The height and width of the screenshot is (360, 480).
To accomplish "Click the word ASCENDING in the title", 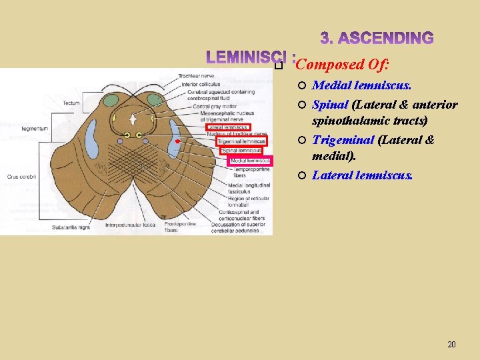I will tap(377, 38).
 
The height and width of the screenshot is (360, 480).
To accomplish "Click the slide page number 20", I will tap(451, 345).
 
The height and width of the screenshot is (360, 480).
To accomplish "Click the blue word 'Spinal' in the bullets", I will tap(330, 105).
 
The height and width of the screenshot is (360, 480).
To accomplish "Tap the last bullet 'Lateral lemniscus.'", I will tap(363, 175).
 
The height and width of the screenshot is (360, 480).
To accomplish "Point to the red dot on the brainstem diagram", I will tap(177, 142).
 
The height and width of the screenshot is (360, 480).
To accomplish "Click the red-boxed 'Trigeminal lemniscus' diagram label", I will tap(241, 141).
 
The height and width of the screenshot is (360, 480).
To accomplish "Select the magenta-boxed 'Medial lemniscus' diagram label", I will tap(250, 161).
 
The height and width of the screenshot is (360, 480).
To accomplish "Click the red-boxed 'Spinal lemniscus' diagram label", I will tap(241, 151).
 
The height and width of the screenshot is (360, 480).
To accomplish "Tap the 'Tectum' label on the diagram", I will tap(71, 103).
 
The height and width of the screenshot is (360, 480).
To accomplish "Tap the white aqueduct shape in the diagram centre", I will tap(135, 119).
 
